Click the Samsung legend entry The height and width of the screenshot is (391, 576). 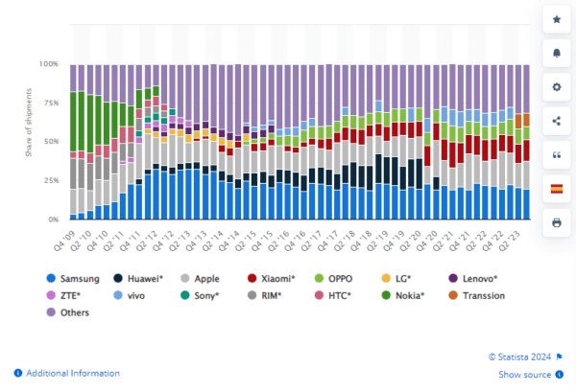click(77, 278)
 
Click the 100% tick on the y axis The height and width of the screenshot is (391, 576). click(47, 64)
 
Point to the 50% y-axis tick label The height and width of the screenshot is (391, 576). click(49, 142)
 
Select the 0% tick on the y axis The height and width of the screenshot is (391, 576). click(52, 219)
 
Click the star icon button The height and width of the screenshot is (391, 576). click(556, 18)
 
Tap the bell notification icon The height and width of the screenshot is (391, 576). click(556, 52)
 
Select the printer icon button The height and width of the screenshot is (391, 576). click(556, 222)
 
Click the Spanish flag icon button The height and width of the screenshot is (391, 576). click(556, 188)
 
